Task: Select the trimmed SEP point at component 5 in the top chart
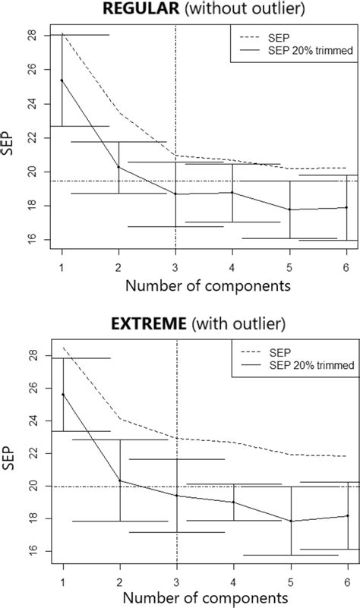coord(289,209)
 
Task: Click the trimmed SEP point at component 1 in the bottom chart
coord(62,395)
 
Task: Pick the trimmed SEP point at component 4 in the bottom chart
coord(233,502)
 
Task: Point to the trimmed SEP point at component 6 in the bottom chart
coord(347,516)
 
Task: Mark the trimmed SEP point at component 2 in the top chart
coord(118,167)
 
